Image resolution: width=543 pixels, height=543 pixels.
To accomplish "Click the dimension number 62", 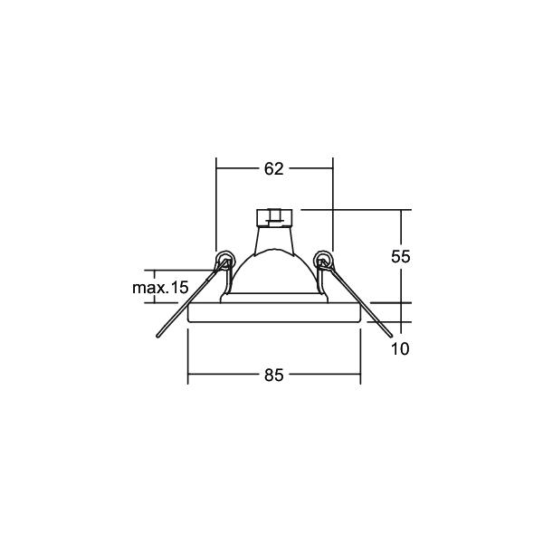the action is [273, 169].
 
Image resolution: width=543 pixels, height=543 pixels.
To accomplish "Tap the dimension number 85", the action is [273, 375].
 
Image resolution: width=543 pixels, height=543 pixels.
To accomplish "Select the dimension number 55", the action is [401, 257].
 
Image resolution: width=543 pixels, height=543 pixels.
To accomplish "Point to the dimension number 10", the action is [400, 348].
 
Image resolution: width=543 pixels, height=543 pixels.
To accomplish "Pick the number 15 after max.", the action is [179, 288].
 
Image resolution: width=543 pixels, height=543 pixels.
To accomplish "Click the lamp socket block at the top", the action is [274, 217].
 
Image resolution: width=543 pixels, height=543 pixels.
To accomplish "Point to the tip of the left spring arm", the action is [158, 336].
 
